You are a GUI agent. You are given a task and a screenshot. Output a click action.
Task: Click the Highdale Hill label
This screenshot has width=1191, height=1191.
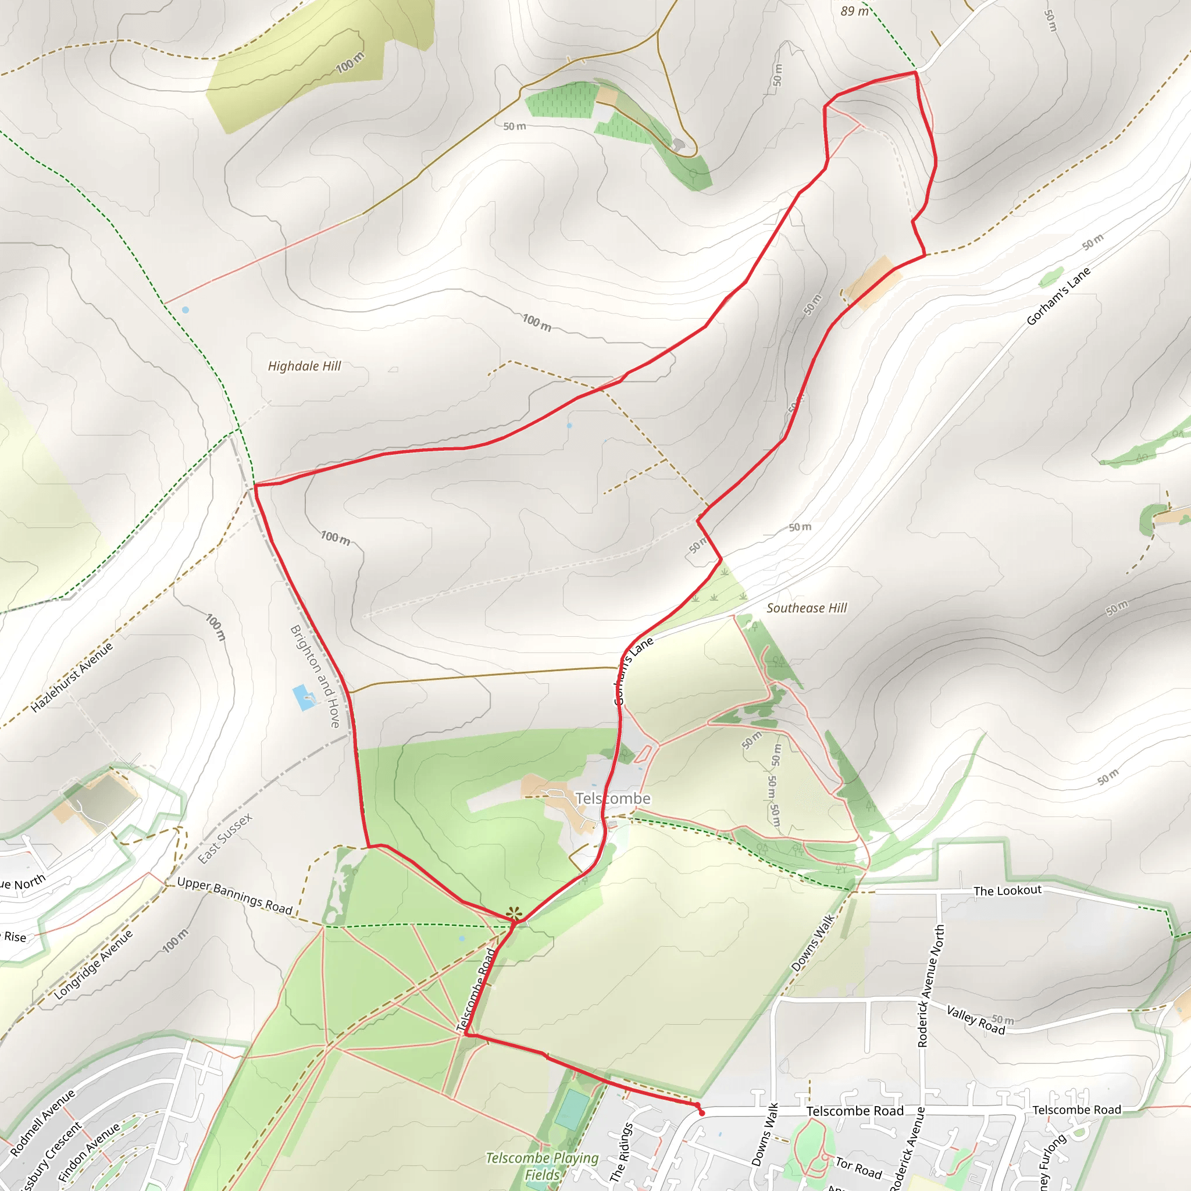click(304, 366)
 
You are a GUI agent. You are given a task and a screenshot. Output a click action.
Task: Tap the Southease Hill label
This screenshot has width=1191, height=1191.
click(807, 608)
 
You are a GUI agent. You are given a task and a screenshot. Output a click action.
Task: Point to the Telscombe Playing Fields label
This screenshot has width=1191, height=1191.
click(542, 1167)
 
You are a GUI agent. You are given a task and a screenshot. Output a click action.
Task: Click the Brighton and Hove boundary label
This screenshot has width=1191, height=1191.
click(315, 676)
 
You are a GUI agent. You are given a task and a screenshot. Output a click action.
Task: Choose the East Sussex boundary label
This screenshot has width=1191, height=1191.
click(225, 839)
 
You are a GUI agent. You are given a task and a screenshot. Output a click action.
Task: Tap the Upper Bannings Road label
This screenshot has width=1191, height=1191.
click(234, 895)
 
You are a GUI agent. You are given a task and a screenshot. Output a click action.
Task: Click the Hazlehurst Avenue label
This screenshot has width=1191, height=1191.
click(72, 677)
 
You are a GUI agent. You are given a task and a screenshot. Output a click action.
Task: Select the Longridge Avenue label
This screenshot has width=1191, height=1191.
click(93, 965)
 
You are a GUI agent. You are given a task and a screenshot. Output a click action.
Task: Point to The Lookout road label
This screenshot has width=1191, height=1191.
click(1007, 891)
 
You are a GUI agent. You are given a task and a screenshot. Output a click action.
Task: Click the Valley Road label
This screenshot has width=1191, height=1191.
click(975, 1019)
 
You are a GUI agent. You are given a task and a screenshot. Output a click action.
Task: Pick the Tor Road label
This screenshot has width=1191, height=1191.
click(858, 1167)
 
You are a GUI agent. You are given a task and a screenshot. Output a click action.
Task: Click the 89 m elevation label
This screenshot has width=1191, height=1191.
click(854, 11)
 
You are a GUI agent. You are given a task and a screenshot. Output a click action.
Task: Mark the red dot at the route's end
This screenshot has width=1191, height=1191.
click(701, 1113)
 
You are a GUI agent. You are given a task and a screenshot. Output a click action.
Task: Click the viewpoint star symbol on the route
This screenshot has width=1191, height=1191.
click(514, 913)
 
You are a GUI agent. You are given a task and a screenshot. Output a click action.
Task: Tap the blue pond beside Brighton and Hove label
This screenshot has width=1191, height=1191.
click(304, 697)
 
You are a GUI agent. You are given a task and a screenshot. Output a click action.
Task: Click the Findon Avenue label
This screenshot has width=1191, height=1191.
click(89, 1151)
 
